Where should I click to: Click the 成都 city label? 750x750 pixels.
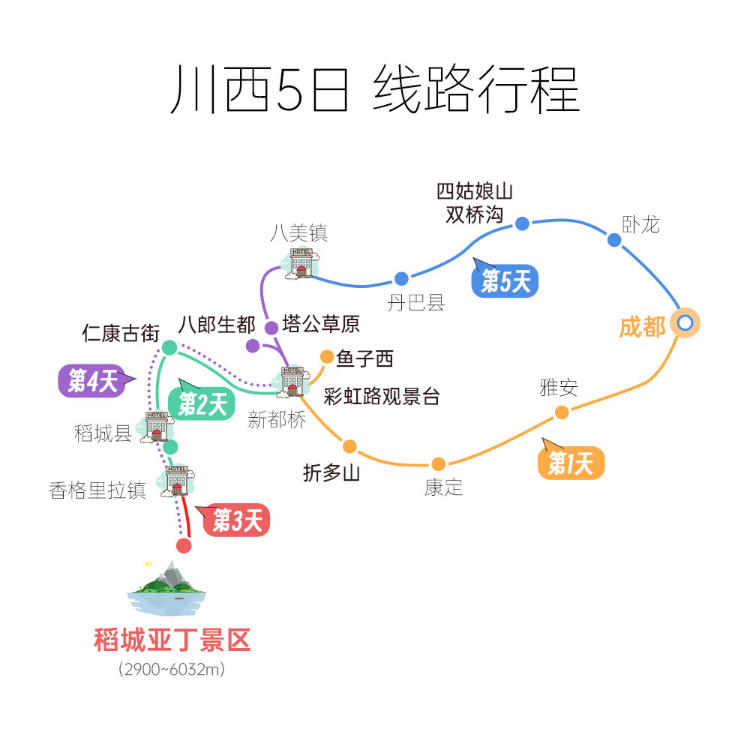pos(643,327)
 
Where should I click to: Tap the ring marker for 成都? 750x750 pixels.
pos(685,323)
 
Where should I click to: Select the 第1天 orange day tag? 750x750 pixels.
pos(571,464)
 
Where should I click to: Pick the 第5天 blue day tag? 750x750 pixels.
pos(505,282)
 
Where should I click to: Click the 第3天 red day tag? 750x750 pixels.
pos(236,520)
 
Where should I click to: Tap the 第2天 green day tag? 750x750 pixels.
pos(202,404)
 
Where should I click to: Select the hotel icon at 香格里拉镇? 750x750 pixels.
pos(177,481)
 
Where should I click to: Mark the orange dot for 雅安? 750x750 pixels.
pos(562,412)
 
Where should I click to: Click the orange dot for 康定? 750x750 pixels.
pos(439,464)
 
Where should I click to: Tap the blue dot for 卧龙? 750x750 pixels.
pos(614,240)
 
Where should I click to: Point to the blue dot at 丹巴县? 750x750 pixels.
pos(401,279)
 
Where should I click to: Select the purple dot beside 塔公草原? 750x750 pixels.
pos(271,327)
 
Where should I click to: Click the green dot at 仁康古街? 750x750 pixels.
pos(169,347)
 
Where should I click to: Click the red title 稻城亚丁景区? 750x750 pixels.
pos(172,640)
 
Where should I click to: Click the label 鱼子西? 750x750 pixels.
pos(364,359)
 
